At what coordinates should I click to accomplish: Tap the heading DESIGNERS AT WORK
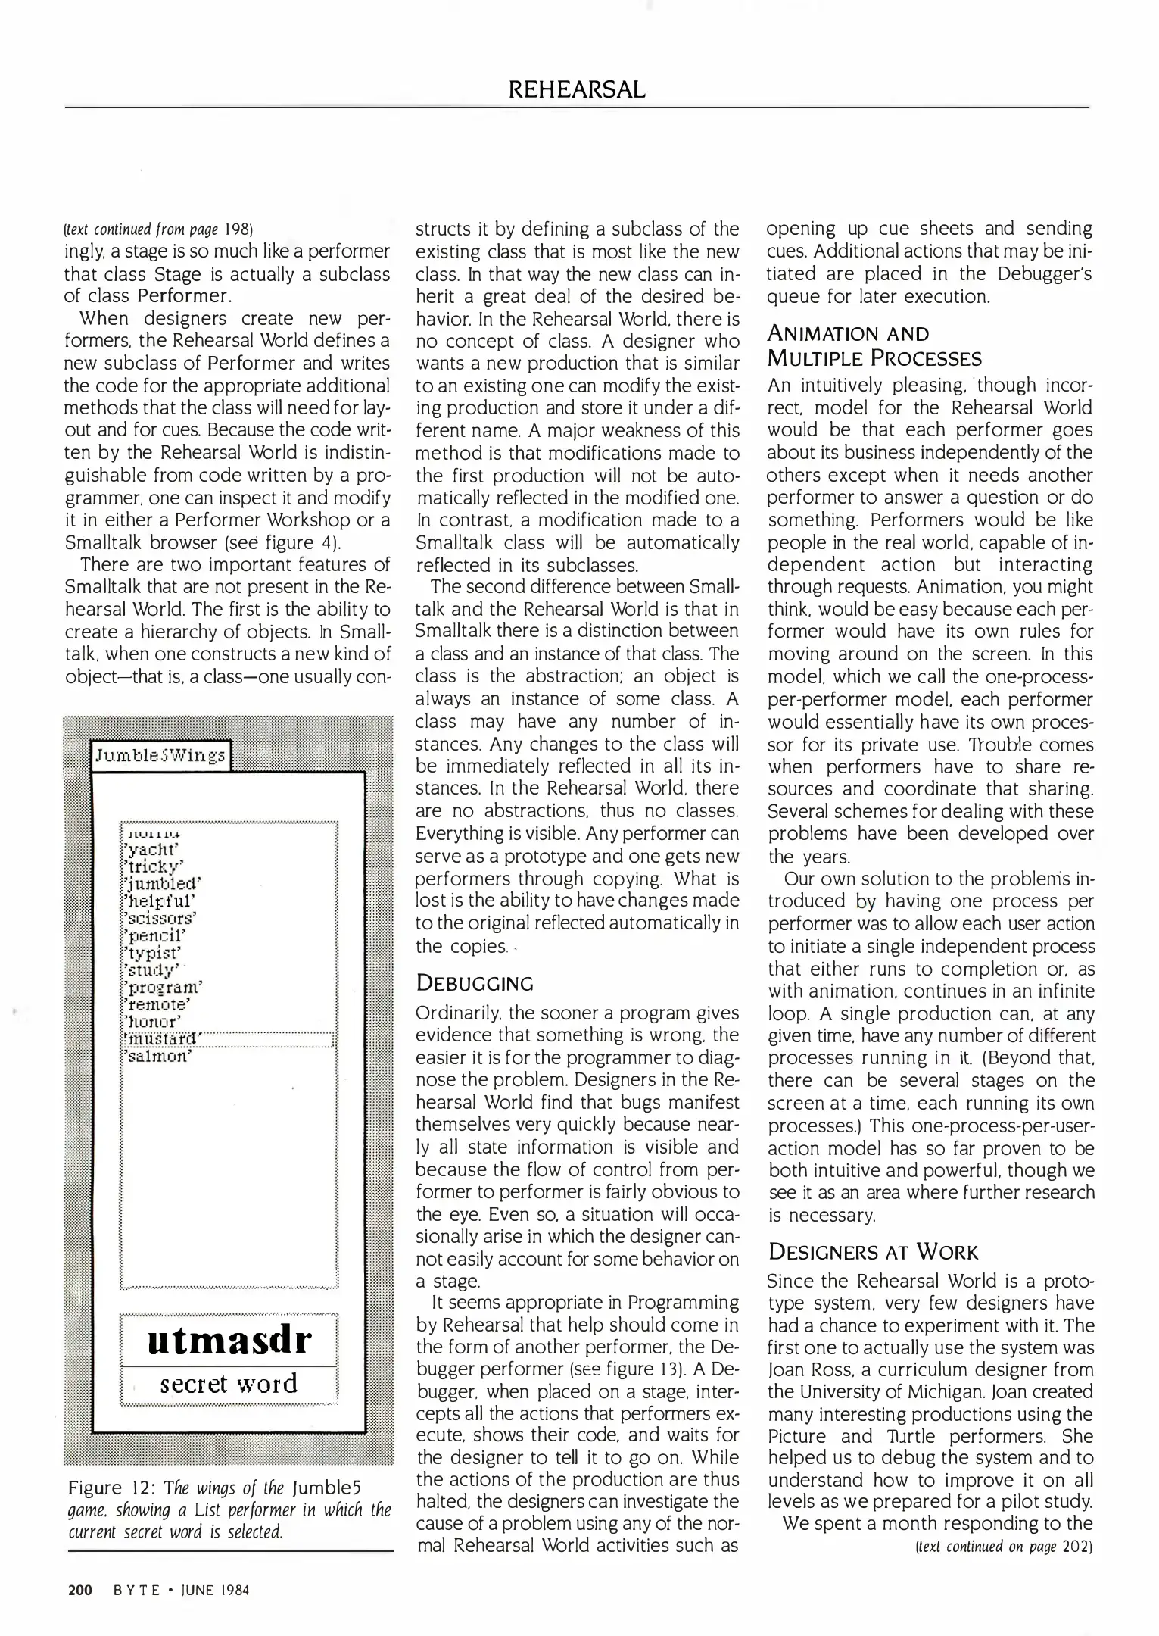tap(873, 1252)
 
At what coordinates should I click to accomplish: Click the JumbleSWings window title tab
tap(160, 755)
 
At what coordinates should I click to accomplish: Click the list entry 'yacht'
tap(150, 850)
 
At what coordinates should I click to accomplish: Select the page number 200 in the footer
tap(79, 1590)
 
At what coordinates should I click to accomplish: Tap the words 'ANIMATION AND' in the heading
tap(848, 334)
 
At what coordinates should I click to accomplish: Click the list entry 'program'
tap(164, 988)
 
